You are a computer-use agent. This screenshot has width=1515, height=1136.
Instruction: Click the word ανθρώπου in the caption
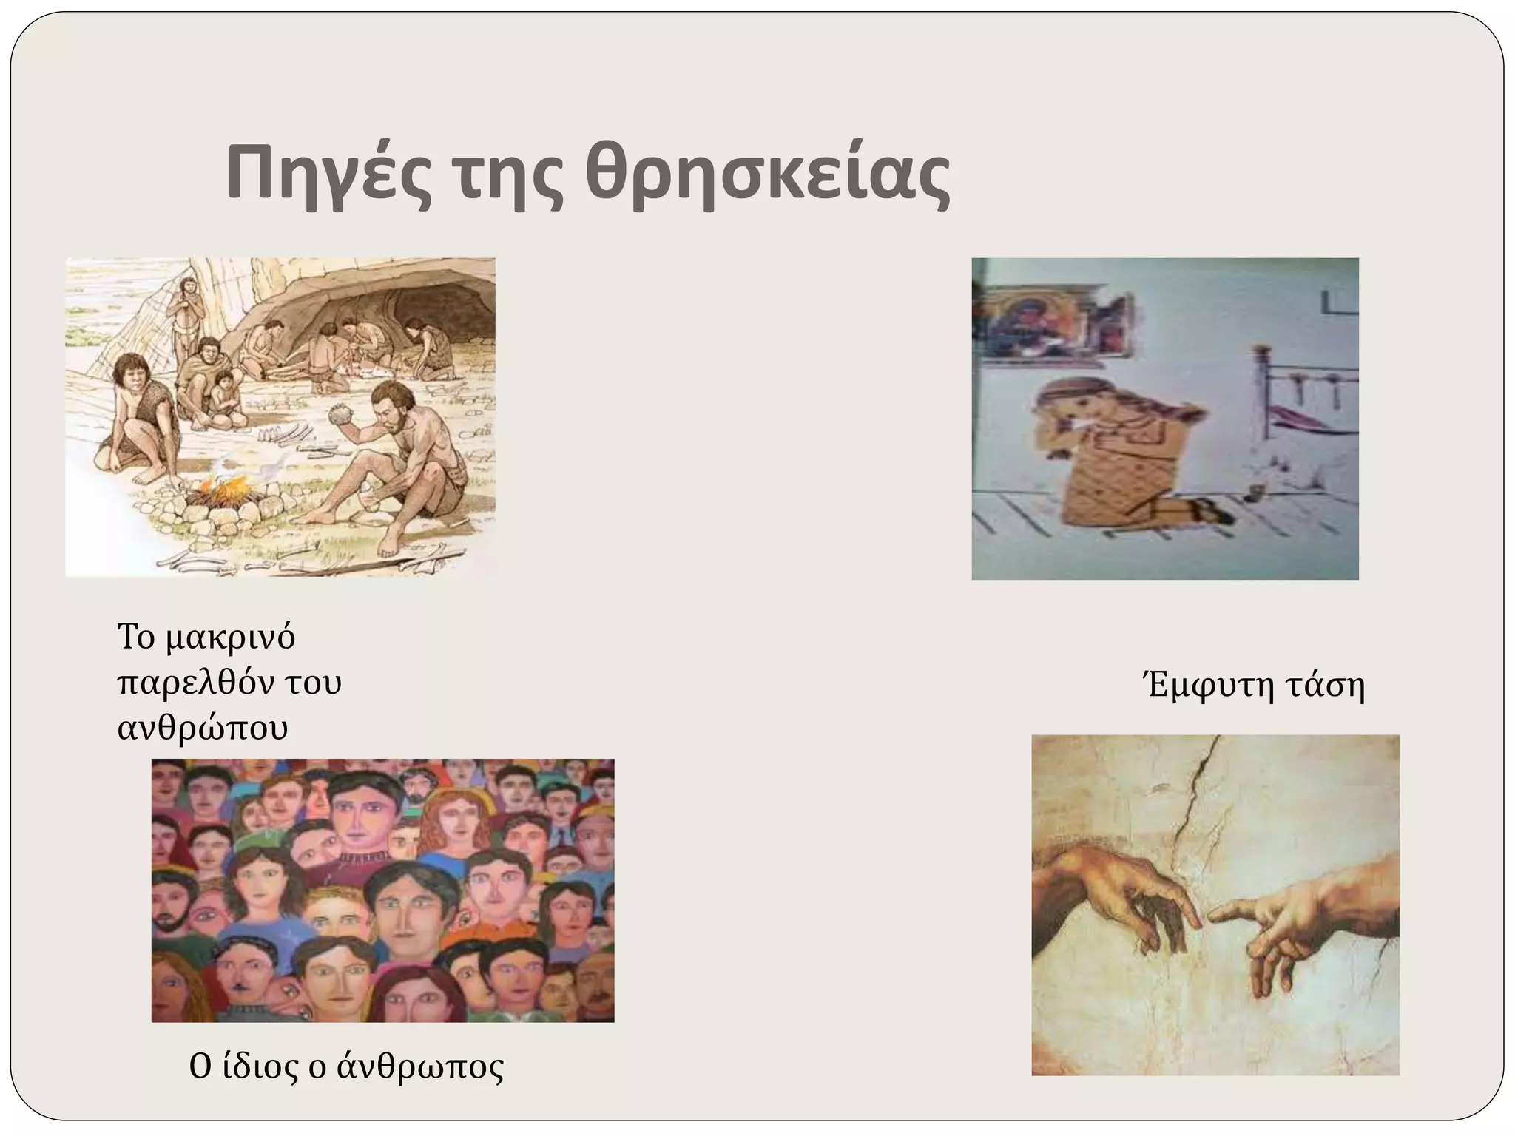point(203,728)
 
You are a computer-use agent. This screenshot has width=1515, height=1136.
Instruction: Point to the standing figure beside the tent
point(188,311)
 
